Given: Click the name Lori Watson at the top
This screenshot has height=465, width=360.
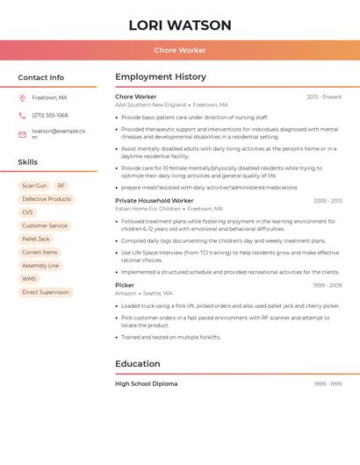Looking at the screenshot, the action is (x=180, y=25).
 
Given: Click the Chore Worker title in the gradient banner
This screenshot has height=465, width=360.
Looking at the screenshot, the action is (x=180, y=51).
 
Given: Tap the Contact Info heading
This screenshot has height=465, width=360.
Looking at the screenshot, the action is (x=41, y=77).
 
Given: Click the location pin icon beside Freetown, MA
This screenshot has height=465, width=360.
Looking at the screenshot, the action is (x=22, y=97).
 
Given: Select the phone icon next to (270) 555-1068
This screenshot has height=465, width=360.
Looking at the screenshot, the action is (x=22, y=115).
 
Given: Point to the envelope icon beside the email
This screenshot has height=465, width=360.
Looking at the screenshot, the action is (x=22, y=134).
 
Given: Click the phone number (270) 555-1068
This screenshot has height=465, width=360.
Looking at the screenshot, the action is (x=50, y=115).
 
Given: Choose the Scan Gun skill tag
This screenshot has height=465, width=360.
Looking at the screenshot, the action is (x=34, y=186).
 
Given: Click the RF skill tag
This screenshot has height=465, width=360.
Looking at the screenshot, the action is (x=61, y=186).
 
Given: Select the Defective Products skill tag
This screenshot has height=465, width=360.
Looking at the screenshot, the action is (x=47, y=199).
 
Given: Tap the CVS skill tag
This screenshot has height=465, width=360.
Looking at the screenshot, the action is (x=27, y=212).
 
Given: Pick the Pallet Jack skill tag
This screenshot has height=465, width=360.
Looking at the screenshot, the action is (x=36, y=239).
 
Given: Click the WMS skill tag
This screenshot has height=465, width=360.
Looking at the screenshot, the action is (x=29, y=279).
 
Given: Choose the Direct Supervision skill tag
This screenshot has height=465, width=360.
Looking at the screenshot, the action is (x=46, y=292).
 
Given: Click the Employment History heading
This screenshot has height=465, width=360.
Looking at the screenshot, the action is (x=161, y=77).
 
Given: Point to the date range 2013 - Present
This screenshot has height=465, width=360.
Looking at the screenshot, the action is (x=324, y=97).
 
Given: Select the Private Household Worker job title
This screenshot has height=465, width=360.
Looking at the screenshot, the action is (x=155, y=201).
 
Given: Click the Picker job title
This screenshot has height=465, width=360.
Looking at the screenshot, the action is (x=125, y=285).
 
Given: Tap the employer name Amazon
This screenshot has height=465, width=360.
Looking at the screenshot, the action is (x=126, y=293).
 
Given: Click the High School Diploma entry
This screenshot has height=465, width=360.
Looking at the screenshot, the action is (x=147, y=383).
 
